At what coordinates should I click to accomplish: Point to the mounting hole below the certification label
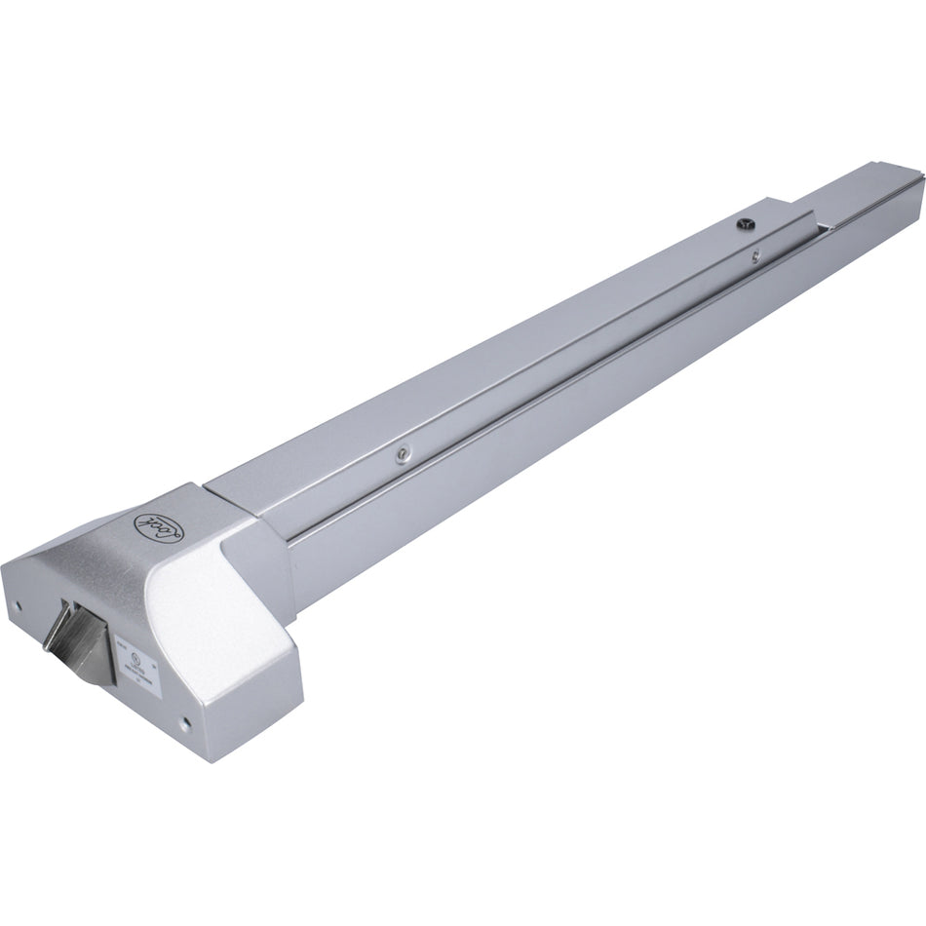182,723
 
